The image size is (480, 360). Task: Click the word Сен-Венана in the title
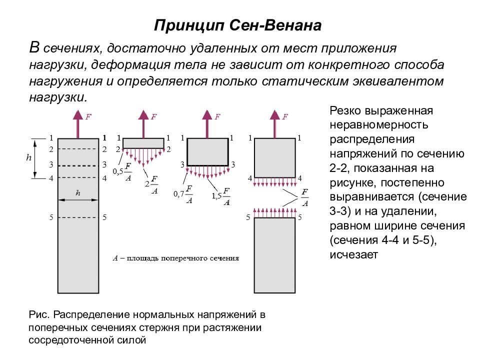(275, 25)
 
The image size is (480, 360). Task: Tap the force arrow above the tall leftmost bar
(78, 124)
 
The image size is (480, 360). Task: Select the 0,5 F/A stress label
(122, 172)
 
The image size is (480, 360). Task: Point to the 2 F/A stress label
(151, 185)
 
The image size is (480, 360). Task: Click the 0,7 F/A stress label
(183, 194)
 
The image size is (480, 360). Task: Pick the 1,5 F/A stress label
(220, 196)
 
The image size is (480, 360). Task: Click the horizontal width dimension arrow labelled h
(78, 200)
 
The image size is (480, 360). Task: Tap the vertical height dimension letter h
(29, 157)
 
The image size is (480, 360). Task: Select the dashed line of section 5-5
(78, 217)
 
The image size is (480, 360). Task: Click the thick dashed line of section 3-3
(78, 165)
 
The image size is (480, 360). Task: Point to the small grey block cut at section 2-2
(143, 143)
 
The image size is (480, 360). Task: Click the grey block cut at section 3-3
(207, 152)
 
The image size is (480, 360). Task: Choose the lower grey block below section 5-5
(274, 255)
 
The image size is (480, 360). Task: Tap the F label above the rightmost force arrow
(285, 116)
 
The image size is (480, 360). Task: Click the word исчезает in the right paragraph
(354, 254)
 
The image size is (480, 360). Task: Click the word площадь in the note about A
(142, 258)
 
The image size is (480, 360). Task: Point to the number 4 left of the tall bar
(51, 178)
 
